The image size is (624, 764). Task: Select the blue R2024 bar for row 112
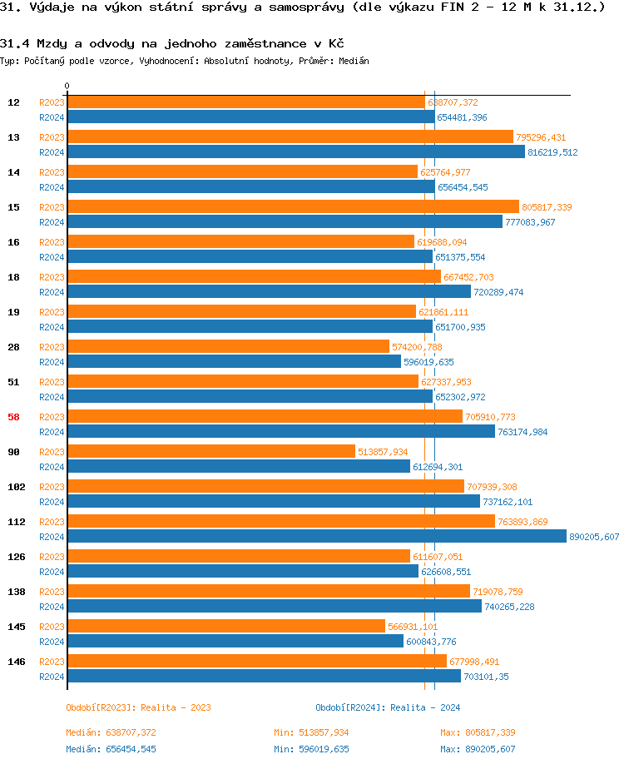316,537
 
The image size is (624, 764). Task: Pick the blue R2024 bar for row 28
234,362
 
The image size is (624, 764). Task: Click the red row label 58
13,417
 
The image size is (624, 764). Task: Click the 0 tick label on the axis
67,86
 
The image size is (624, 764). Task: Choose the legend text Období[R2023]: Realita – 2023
138,707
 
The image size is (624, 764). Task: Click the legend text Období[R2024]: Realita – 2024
388,707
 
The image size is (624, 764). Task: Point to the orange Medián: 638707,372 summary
111,732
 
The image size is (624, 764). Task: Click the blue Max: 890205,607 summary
478,749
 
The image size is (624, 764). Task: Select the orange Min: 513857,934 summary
311,732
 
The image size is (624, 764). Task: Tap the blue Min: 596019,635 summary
311,749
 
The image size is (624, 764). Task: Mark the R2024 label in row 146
52,677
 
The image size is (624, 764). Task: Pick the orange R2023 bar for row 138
268,592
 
